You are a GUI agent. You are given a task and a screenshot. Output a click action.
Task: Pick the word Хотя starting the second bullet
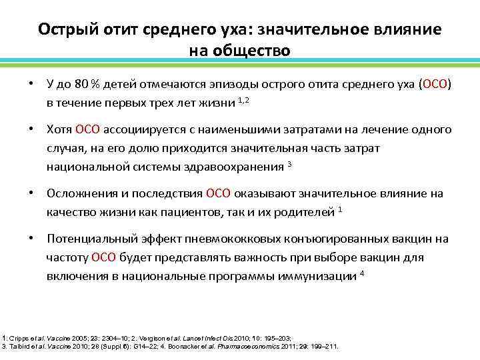(59, 129)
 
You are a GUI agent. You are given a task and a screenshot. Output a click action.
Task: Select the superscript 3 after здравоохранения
(289, 164)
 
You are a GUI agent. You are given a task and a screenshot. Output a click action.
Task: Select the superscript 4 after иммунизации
(362, 273)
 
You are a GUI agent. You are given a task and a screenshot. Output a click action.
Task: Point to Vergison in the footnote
(162, 338)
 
